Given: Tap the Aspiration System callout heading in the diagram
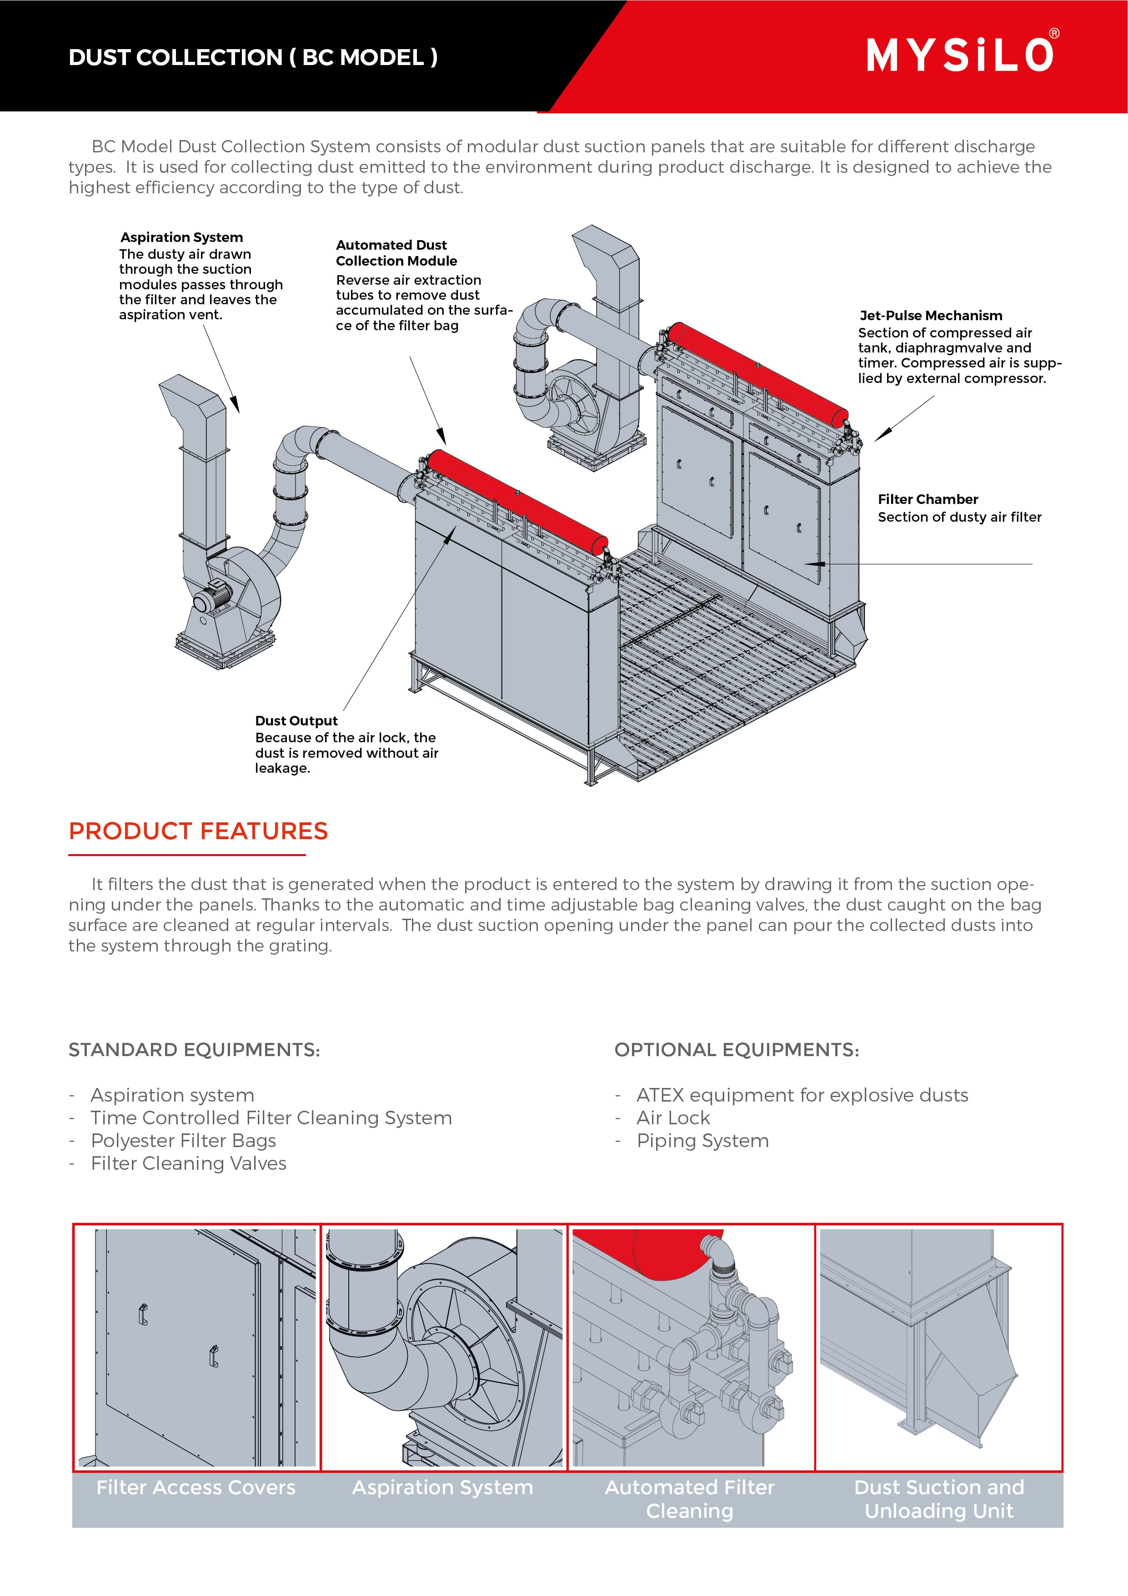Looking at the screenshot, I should coord(181,237).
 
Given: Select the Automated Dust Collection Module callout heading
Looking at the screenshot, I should coord(396,253).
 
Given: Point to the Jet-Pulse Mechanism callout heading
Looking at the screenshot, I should coord(931,316).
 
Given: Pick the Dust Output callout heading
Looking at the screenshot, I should coord(296,721).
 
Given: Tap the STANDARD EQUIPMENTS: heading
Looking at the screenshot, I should coord(194,1050).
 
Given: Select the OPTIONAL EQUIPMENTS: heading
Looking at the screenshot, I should coord(737,1050).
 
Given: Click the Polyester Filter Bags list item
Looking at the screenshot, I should coord(184,1141).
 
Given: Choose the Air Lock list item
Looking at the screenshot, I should coord(673,1118).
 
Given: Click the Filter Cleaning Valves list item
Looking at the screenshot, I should coord(188,1163).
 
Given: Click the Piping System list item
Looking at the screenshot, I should coord(702,1141).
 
